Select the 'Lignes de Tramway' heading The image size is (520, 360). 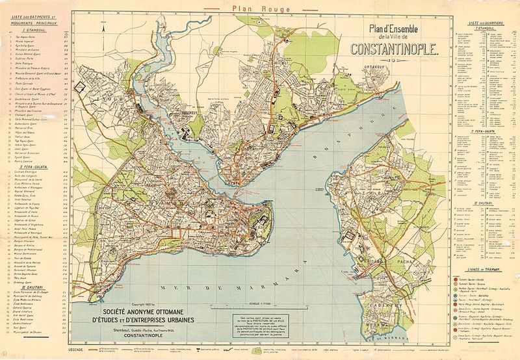(484, 268)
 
